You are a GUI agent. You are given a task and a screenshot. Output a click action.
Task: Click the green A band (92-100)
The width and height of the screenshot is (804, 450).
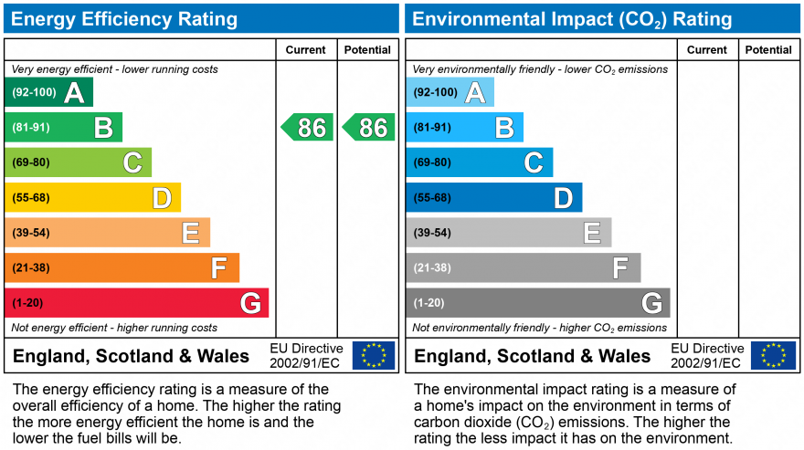(48, 92)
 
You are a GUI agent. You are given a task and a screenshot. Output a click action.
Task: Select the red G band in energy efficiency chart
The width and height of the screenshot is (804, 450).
(136, 303)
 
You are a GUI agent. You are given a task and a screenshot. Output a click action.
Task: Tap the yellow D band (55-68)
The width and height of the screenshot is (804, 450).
(92, 197)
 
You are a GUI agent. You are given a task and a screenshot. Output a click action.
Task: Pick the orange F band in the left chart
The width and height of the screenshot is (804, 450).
(122, 267)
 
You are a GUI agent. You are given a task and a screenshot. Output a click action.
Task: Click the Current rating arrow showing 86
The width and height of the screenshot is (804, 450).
(307, 127)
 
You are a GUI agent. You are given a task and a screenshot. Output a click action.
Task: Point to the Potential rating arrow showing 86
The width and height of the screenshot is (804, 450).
(368, 127)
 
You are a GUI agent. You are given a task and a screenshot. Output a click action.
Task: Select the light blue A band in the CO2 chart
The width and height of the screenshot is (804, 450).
(450, 92)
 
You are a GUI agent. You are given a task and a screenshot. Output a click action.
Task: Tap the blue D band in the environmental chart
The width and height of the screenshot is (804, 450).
(493, 197)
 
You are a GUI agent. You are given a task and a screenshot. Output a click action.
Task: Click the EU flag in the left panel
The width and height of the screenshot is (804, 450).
(374, 355)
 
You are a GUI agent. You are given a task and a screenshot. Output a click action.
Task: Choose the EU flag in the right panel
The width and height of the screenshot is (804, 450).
(773, 355)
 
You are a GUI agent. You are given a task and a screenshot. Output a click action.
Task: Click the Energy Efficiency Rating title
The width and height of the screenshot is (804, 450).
(124, 19)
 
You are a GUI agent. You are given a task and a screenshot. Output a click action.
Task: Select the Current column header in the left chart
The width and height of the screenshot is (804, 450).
(306, 50)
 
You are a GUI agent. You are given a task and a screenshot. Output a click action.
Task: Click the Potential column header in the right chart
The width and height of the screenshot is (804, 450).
(768, 50)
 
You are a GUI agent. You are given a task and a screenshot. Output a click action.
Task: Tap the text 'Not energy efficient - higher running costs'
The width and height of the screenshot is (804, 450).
(114, 328)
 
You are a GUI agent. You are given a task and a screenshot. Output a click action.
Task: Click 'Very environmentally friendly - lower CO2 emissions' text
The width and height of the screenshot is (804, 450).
(540, 69)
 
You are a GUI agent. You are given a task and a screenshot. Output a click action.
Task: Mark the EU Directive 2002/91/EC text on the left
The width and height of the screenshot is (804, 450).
(306, 356)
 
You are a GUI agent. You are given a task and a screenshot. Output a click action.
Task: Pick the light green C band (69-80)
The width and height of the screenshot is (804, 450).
(78, 162)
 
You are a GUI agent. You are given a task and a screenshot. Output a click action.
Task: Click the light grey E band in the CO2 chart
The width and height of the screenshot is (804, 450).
(508, 233)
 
